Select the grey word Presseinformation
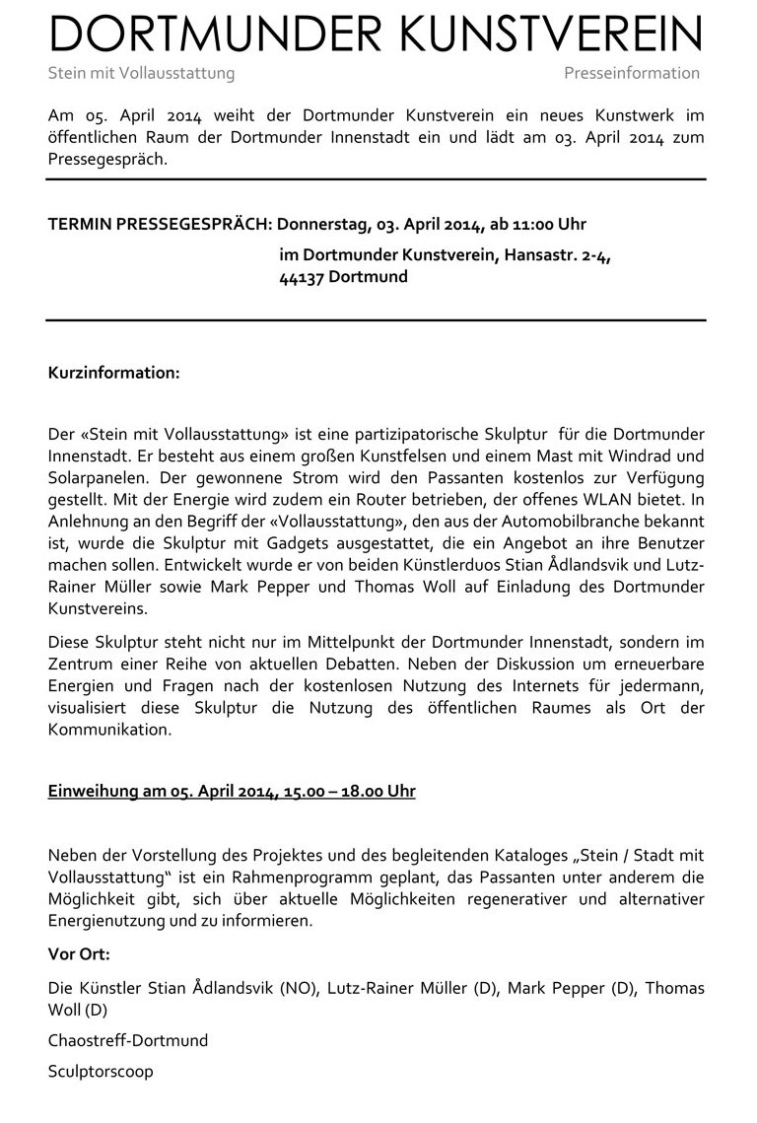632,73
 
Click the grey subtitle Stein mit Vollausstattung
141,73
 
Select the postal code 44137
302,277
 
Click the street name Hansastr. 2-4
557,256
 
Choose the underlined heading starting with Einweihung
232,792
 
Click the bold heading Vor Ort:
79,954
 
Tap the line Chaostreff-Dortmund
128,1040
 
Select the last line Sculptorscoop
101,1071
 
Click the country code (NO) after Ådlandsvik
300,987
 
